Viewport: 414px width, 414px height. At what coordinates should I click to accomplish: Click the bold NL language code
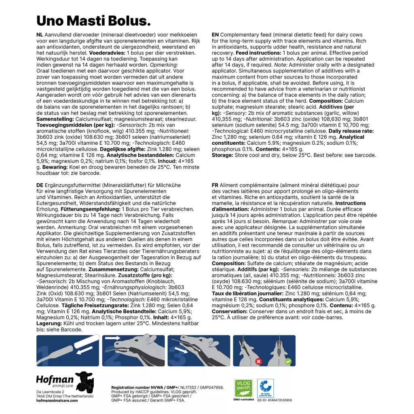(40, 35)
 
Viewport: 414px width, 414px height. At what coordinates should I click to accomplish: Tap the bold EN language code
(215, 35)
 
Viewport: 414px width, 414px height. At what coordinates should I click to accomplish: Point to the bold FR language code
(215, 185)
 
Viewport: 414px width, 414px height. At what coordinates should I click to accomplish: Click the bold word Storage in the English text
(222, 155)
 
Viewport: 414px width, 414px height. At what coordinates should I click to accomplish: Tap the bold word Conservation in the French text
(229, 312)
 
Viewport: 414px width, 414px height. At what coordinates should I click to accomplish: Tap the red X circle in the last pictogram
(258, 361)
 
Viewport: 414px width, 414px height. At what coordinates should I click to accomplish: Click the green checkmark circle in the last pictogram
(288, 361)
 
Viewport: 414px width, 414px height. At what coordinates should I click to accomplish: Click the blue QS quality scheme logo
(266, 388)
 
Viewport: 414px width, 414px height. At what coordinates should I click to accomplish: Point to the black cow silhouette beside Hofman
(84, 382)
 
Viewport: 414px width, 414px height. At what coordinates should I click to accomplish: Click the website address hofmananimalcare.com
(57, 401)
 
